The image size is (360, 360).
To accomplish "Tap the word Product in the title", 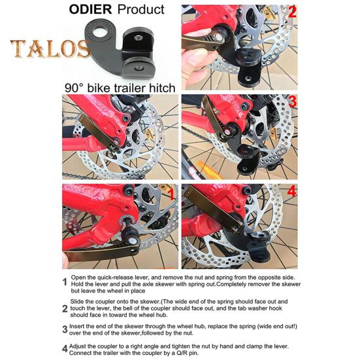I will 140,10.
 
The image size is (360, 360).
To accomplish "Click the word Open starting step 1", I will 80,278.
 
